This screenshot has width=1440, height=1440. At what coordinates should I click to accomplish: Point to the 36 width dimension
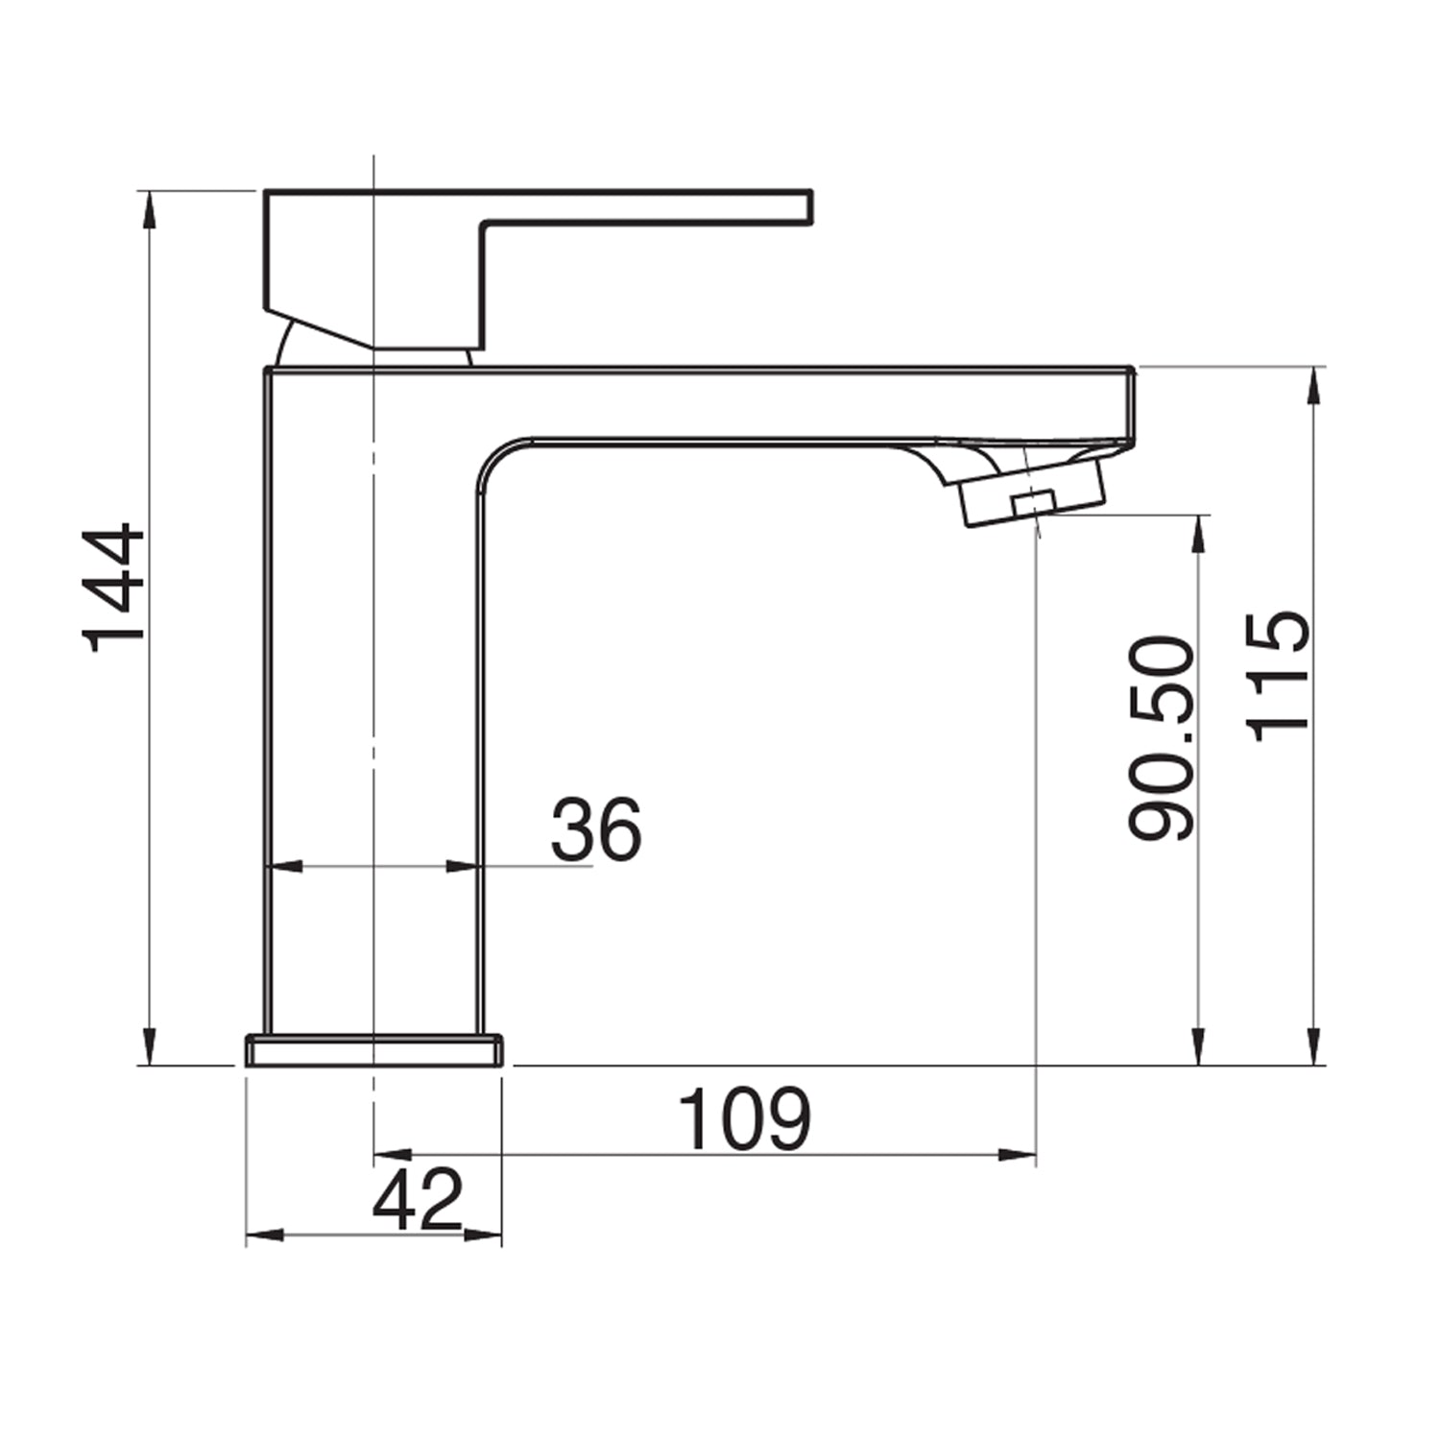tap(595, 828)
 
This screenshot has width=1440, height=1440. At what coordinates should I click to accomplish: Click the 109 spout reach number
tap(745, 1119)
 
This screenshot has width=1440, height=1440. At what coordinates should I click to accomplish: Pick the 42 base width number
tap(419, 1200)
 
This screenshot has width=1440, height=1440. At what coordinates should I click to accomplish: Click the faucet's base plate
tap(374, 1050)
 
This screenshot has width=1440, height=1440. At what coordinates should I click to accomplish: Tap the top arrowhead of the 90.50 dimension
tap(1197, 534)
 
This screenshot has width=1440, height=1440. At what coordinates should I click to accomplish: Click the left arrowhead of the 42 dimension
tap(265, 1235)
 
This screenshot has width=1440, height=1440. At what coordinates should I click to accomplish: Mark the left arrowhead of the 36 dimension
tap(284, 867)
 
